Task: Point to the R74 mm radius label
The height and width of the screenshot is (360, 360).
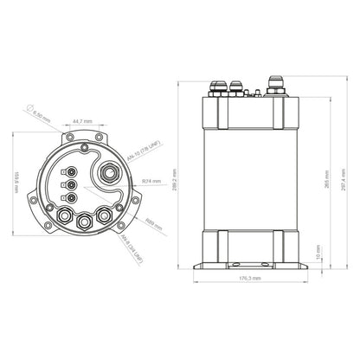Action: [x=151, y=182]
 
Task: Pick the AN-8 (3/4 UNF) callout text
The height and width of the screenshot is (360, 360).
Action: [x=132, y=248]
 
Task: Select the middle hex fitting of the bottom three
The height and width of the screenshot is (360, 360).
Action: [x=84, y=222]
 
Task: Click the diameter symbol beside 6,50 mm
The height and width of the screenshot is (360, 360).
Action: [x=31, y=105]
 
